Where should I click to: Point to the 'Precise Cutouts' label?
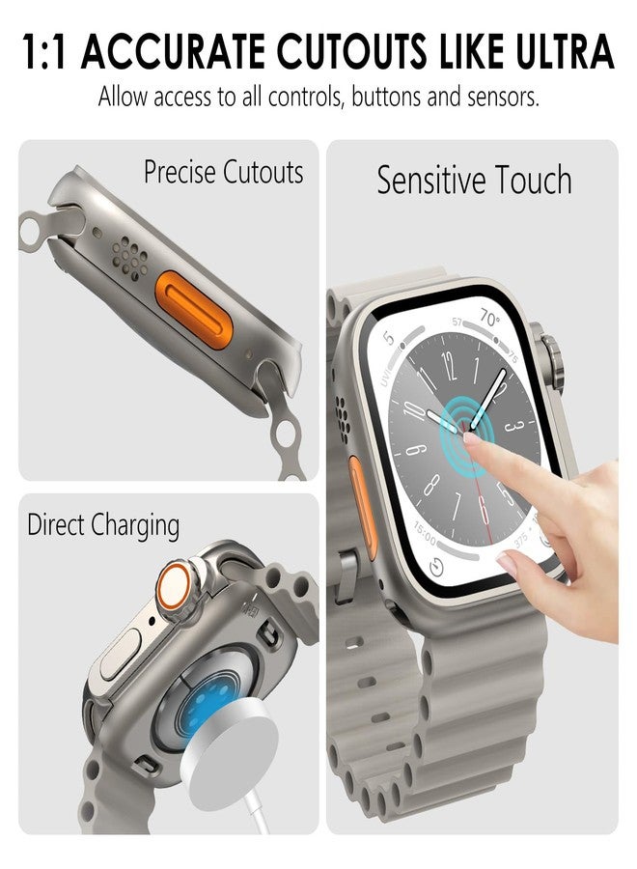point(223,173)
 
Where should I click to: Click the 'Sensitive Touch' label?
point(474,181)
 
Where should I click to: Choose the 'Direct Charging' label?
point(103,525)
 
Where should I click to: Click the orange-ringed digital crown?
point(175,586)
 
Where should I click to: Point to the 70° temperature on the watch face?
point(490,320)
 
